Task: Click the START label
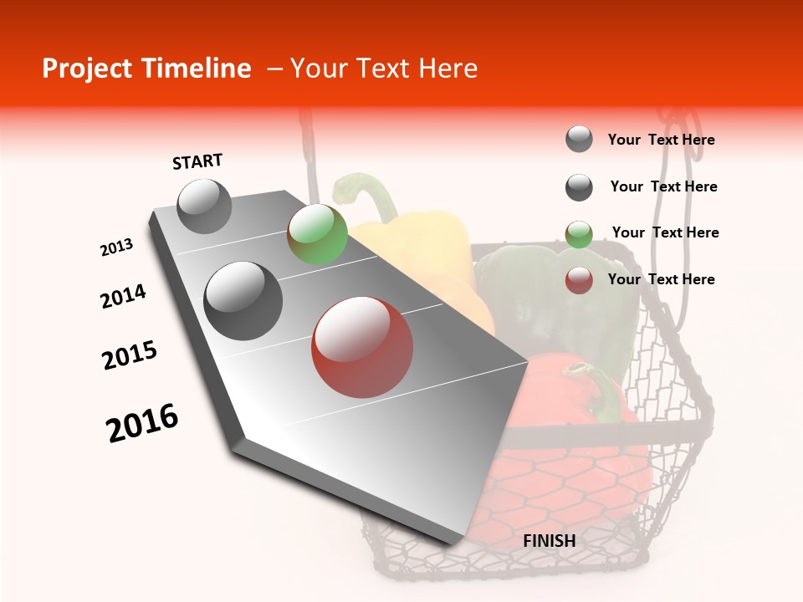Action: pos(197,161)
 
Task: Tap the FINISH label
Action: pos(549,541)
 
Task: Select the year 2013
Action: pos(116,247)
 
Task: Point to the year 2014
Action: pos(123,296)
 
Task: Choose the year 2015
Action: pos(130,355)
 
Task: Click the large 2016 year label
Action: pos(142,423)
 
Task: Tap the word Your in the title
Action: pos(320,69)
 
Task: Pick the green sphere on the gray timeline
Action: pos(317,234)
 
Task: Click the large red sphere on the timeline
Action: pos(361,347)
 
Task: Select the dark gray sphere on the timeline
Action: pos(243,301)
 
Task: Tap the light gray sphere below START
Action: pos(204,206)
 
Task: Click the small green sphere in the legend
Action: pos(579,234)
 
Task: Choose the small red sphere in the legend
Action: pos(579,280)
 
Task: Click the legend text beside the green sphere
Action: pos(665,232)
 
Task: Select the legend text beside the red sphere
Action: pos(661,279)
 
